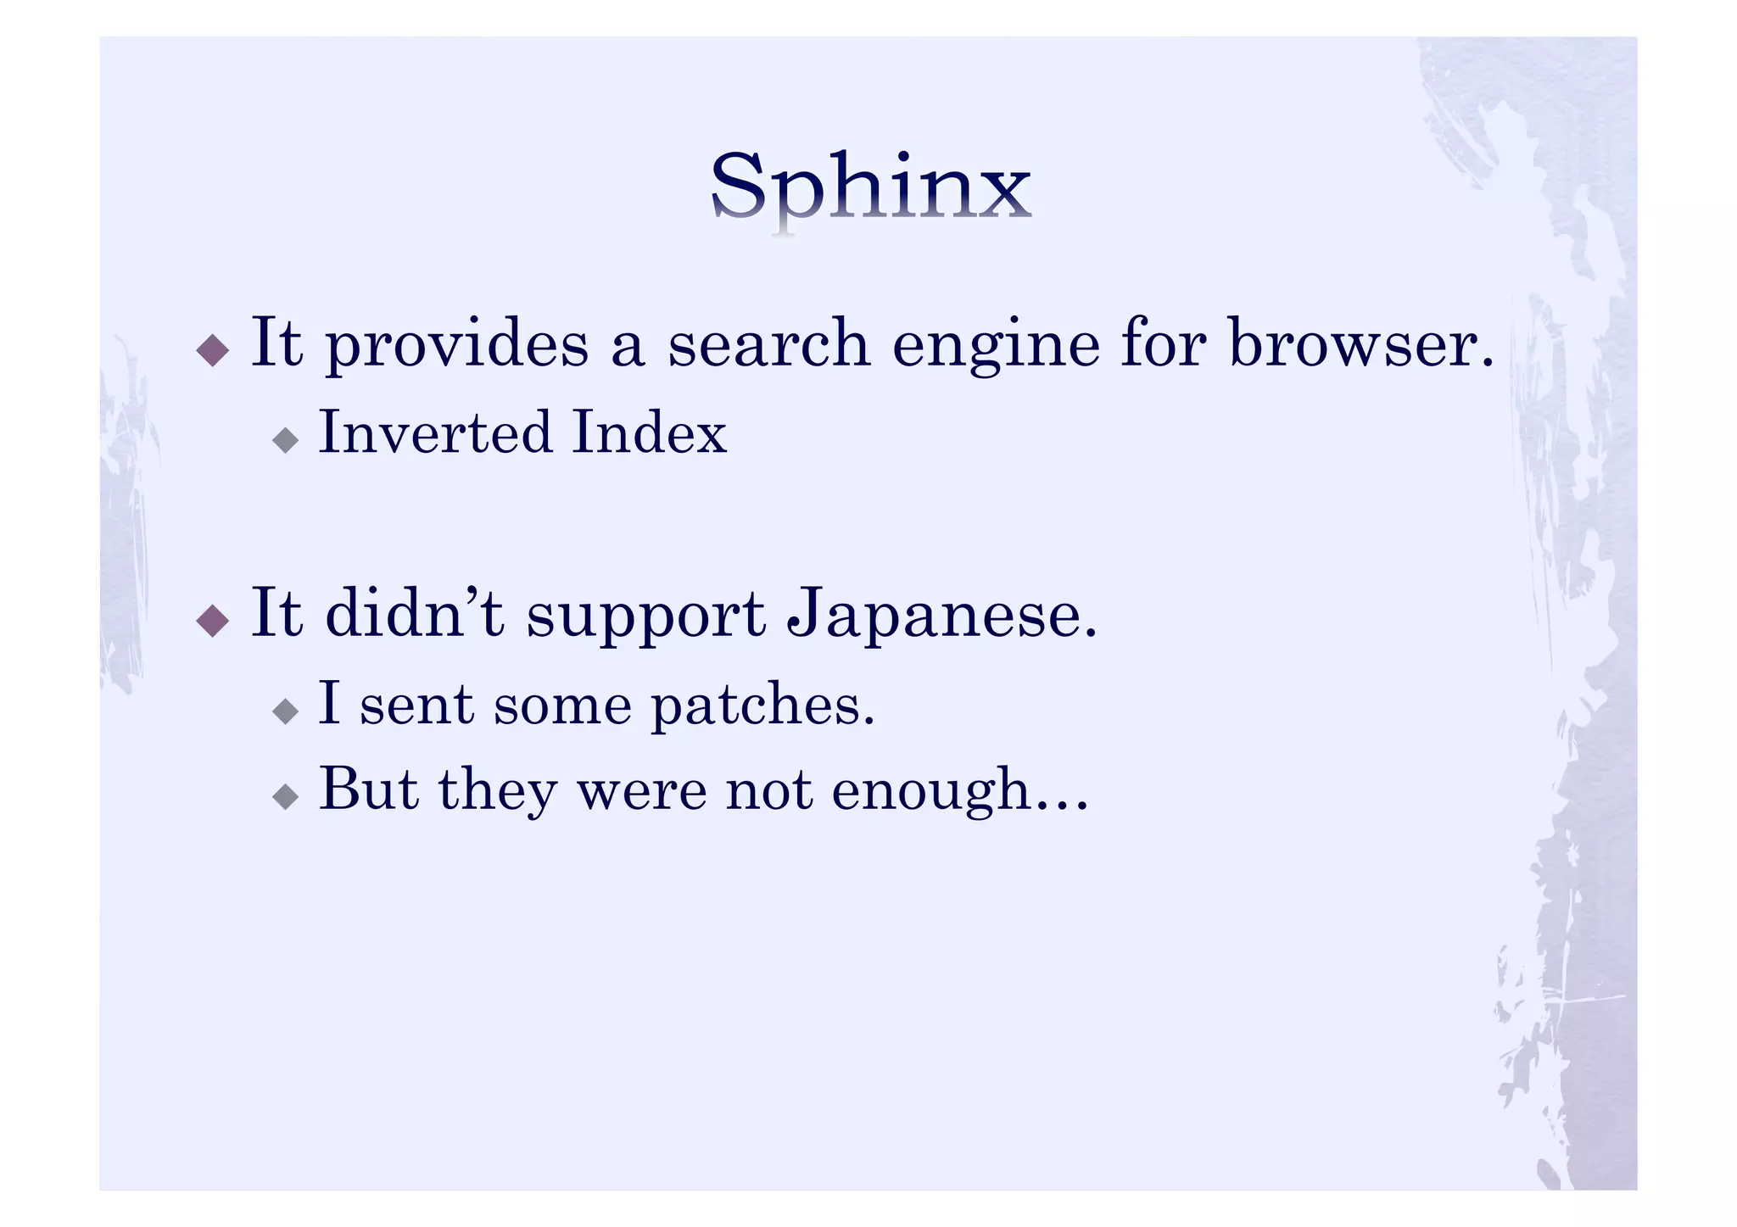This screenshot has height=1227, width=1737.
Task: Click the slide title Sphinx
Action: click(870, 187)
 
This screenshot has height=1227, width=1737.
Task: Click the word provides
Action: click(456, 344)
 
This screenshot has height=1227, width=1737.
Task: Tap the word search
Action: click(768, 343)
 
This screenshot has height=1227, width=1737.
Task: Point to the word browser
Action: click(1360, 343)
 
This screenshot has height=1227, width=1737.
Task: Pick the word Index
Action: click(649, 432)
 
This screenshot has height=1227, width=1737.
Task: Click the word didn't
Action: click(415, 612)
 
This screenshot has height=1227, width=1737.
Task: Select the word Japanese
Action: click(941, 614)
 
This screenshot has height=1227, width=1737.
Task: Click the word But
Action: click(369, 789)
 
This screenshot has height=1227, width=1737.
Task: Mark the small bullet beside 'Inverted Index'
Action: click(286, 439)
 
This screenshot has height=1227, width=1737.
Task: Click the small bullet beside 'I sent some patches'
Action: click(286, 711)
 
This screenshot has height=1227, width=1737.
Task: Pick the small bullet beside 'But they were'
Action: click(286, 795)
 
